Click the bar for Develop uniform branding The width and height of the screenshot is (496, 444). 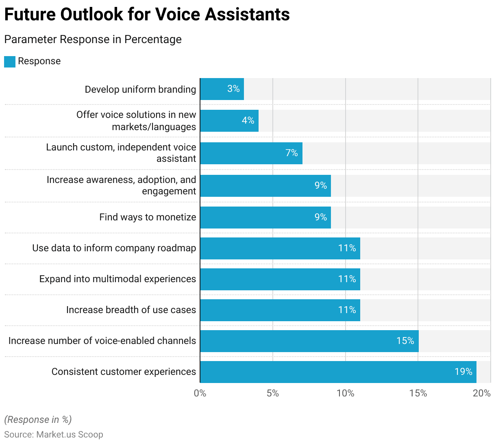(x=222, y=89)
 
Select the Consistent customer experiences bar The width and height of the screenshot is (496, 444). (x=338, y=372)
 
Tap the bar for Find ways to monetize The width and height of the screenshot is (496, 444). (x=265, y=218)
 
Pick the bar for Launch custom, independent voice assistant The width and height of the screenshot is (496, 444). (x=251, y=153)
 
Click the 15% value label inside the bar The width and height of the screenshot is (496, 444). (x=405, y=341)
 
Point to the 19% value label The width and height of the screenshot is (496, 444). (x=463, y=372)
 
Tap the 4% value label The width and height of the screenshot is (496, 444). (x=248, y=121)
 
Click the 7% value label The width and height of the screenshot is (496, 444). (x=292, y=153)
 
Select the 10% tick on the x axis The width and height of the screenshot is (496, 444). (x=345, y=393)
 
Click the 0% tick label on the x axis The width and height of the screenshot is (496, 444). (x=200, y=393)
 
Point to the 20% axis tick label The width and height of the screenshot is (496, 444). (x=482, y=393)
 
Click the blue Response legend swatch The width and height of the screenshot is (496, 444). (x=10, y=61)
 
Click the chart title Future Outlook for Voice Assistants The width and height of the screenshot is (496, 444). (x=147, y=15)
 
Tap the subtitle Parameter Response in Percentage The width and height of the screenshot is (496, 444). (x=93, y=39)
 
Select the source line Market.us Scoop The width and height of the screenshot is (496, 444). (x=54, y=434)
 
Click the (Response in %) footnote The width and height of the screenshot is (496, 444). (x=38, y=420)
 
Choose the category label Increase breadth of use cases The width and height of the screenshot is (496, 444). (x=131, y=310)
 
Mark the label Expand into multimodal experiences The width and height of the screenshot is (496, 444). (x=117, y=279)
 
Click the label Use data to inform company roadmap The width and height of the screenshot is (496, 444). (x=114, y=248)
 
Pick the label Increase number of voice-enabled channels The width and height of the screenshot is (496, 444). (x=102, y=341)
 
